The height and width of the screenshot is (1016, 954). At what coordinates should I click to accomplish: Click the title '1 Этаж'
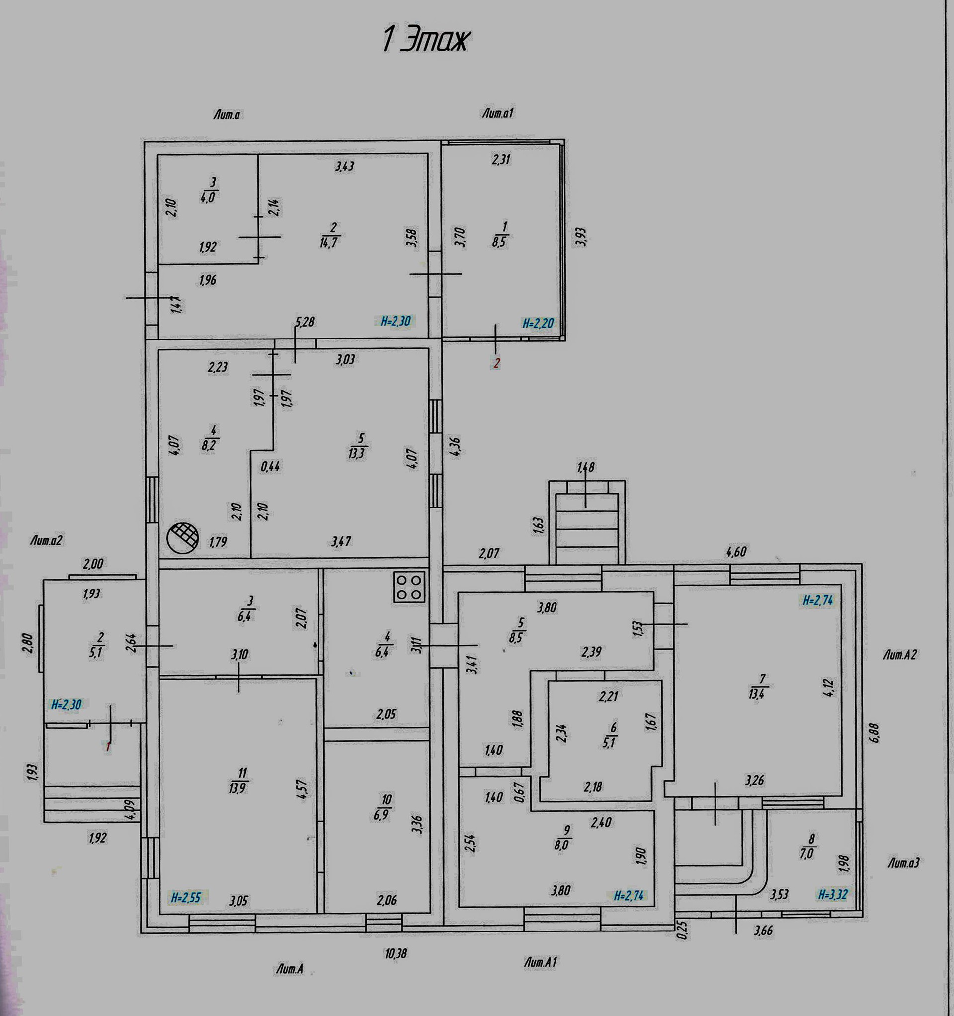coord(425,40)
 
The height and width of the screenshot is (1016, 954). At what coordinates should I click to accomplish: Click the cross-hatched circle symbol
coord(182,538)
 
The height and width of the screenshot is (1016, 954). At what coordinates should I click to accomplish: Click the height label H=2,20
coord(538,323)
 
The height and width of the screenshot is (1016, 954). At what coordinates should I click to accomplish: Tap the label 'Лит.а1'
coord(497,113)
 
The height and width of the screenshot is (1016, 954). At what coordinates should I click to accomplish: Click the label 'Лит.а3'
coord(903,863)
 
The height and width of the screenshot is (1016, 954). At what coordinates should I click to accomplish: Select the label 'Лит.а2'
coord(47,540)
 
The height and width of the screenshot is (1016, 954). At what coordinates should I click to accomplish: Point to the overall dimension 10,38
coord(396,954)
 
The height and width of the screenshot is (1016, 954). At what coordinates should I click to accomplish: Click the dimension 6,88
coord(875,731)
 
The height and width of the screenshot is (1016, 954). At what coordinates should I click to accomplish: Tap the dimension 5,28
coord(305,322)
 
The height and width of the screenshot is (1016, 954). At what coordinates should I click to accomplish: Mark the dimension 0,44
coord(270,466)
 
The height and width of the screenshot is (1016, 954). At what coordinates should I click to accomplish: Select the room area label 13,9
coord(238,787)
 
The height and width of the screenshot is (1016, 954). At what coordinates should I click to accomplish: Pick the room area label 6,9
coord(381,814)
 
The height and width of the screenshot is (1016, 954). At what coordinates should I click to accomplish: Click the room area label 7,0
coord(807,853)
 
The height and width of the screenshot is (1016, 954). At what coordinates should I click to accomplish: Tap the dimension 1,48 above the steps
coord(586,467)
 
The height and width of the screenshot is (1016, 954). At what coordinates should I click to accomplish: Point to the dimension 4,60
coord(736,551)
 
